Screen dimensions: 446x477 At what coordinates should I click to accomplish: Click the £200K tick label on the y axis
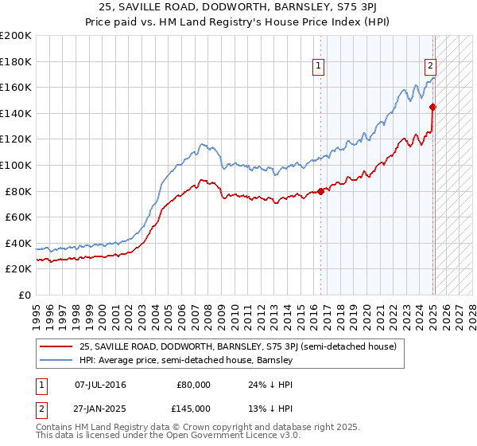(x=15, y=36)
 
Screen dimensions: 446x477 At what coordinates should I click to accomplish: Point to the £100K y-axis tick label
(x=15, y=165)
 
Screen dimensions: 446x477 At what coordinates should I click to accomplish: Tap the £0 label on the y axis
(x=24, y=295)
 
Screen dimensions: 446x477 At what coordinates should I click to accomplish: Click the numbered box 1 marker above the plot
(x=319, y=66)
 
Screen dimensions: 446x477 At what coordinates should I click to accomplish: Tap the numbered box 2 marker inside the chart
(x=430, y=66)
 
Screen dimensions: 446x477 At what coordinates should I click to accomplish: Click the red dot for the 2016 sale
(x=321, y=191)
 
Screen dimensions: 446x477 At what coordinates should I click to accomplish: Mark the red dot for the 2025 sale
(x=433, y=107)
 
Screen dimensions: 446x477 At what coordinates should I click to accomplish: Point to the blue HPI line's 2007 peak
(x=203, y=144)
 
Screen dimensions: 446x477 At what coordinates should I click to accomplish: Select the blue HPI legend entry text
(x=186, y=360)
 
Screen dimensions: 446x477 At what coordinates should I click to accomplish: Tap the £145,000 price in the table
(x=194, y=408)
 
